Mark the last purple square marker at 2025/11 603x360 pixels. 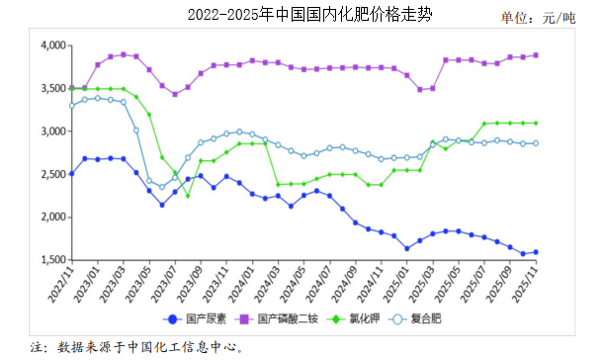pos(537,55)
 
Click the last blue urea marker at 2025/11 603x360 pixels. pos(537,252)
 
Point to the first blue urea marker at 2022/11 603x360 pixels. pos(71,173)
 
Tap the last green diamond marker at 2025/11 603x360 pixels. pos(537,123)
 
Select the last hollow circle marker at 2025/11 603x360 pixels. pos(537,143)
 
